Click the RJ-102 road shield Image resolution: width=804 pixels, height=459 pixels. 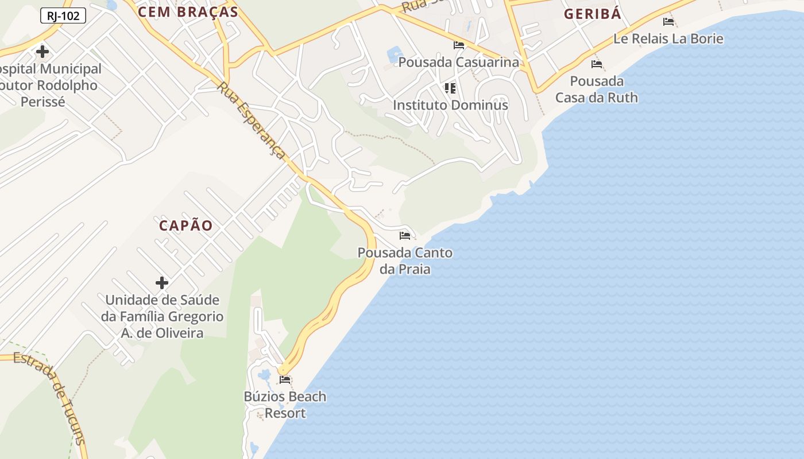[x=63, y=16]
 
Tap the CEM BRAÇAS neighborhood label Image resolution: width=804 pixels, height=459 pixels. [x=188, y=12]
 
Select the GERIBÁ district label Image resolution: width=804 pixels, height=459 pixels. [x=592, y=14]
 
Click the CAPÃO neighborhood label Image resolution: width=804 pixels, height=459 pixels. [x=185, y=225]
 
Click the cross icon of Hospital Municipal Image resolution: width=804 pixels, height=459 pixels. [x=42, y=52]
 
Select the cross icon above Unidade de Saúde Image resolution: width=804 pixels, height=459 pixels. [x=162, y=282]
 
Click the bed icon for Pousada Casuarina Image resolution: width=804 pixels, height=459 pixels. [x=459, y=45]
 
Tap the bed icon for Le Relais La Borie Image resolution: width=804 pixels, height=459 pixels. [x=668, y=22]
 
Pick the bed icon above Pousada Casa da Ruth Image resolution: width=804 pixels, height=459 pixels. [x=597, y=64]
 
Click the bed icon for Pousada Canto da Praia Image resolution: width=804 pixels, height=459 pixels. [x=405, y=236]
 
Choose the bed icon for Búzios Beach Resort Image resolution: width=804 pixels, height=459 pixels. [x=285, y=380]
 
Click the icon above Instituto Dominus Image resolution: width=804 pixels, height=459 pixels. [x=450, y=88]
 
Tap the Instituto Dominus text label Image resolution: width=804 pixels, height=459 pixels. [x=450, y=105]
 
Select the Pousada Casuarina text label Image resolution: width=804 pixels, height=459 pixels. [x=458, y=62]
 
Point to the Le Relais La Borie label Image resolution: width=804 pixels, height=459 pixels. [x=668, y=39]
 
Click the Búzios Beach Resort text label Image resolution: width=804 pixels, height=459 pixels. [x=285, y=404]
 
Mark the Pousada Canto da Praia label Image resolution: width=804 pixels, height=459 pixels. [x=405, y=260]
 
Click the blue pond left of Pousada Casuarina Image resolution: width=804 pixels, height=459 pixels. [x=396, y=55]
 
